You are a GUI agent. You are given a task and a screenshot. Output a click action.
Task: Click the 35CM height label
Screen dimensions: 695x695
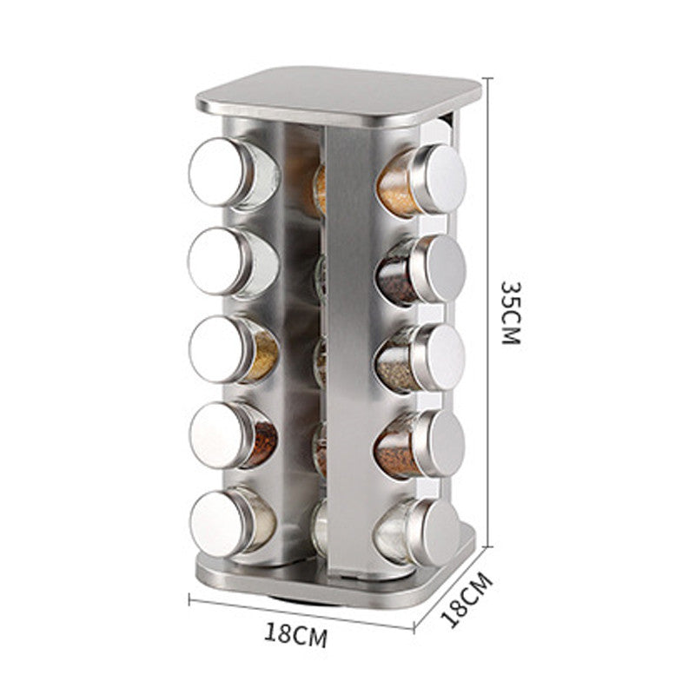click(511, 313)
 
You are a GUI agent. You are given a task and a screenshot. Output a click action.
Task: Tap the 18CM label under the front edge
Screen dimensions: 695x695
click(295, 634)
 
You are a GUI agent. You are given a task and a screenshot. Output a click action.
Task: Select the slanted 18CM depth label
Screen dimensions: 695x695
click(467, 599)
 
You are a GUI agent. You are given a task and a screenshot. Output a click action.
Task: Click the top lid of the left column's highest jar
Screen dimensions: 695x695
click(217, 171)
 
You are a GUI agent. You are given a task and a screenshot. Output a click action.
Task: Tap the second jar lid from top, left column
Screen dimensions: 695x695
click(216, 261)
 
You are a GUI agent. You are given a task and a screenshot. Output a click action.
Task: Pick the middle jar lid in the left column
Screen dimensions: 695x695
click(217, 349)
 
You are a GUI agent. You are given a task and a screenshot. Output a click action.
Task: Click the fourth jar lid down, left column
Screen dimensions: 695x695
click(218, 435)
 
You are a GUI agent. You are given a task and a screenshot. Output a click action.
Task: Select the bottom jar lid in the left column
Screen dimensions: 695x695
click(219, 524)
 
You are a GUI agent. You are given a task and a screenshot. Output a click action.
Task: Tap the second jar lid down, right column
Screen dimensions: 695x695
click(440, 268)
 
